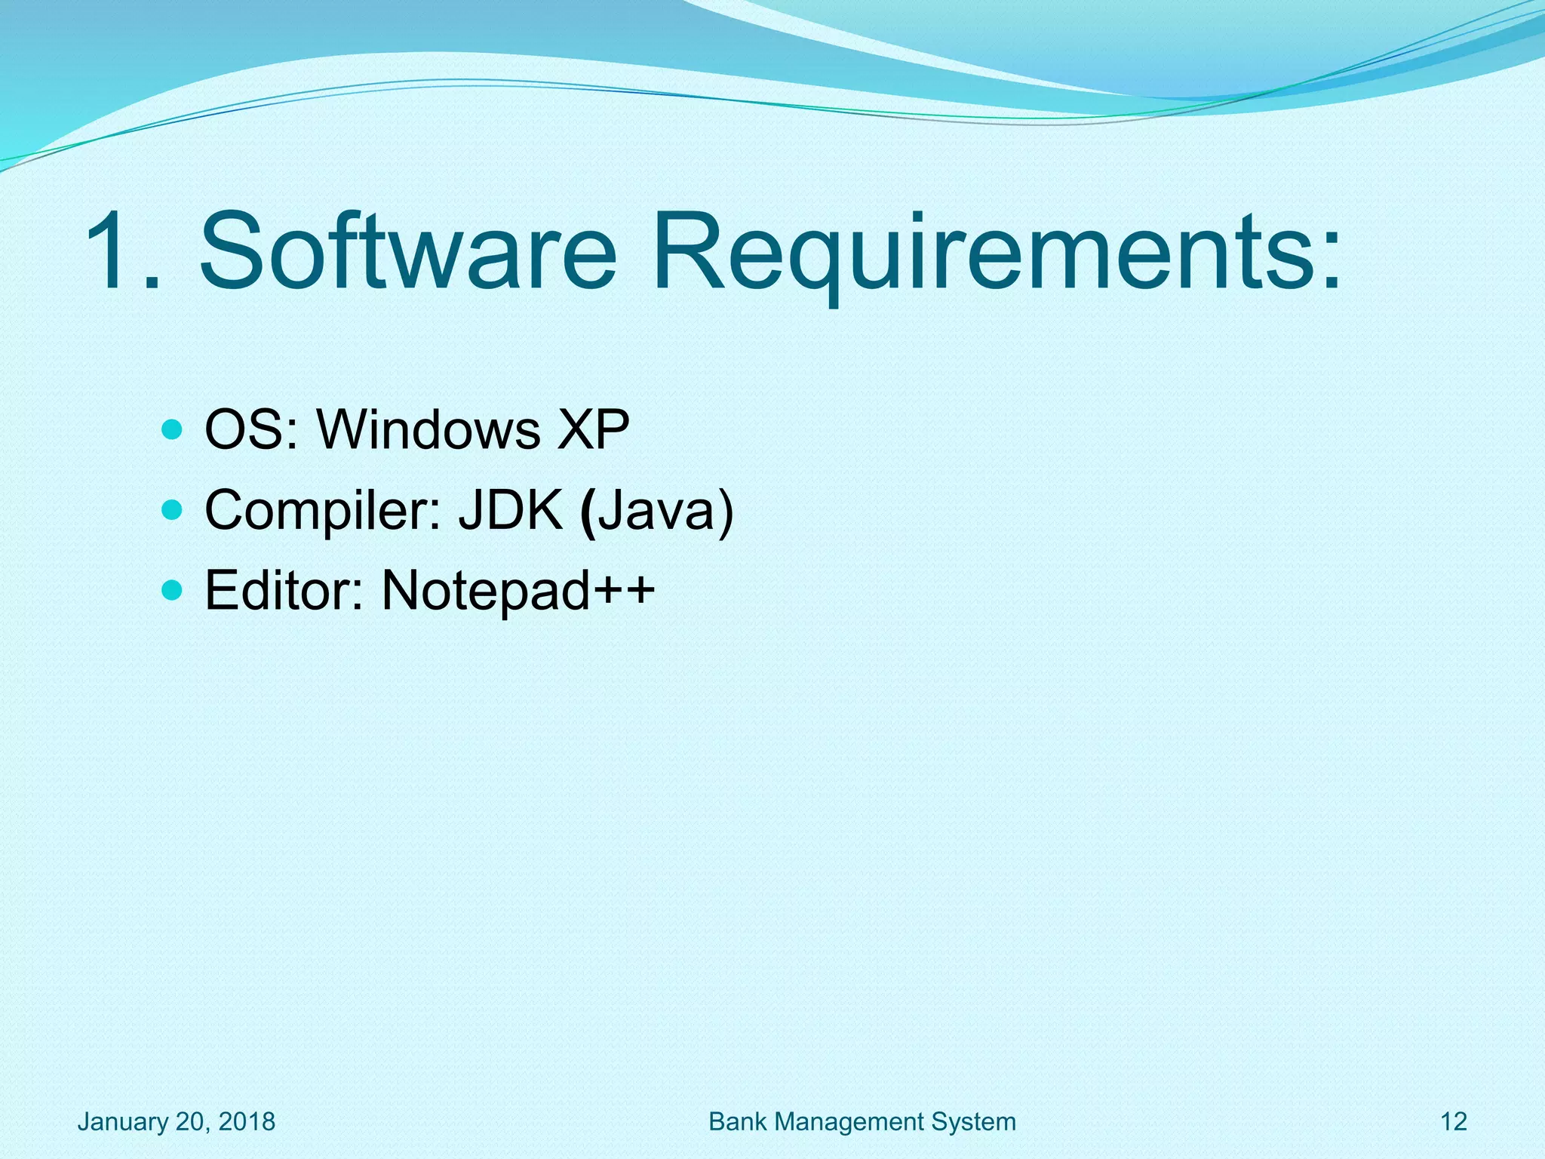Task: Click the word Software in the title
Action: pyautogui.click(x=407, y=251)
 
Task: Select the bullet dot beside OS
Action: pyautogui.click(x=173, y=430)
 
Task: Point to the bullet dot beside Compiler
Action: pyautogui.click(x=173, y=511)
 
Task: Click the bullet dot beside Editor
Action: pyautogui.click(x=173, y=589)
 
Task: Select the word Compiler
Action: pyautogui.click(x=323, y=512)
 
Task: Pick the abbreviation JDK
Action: pyautogui.click(x=511, y=511)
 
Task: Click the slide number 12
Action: pyautogui.click(x=1454, y=1122)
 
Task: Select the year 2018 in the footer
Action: pyautogui.click(x=247, y=1122)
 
